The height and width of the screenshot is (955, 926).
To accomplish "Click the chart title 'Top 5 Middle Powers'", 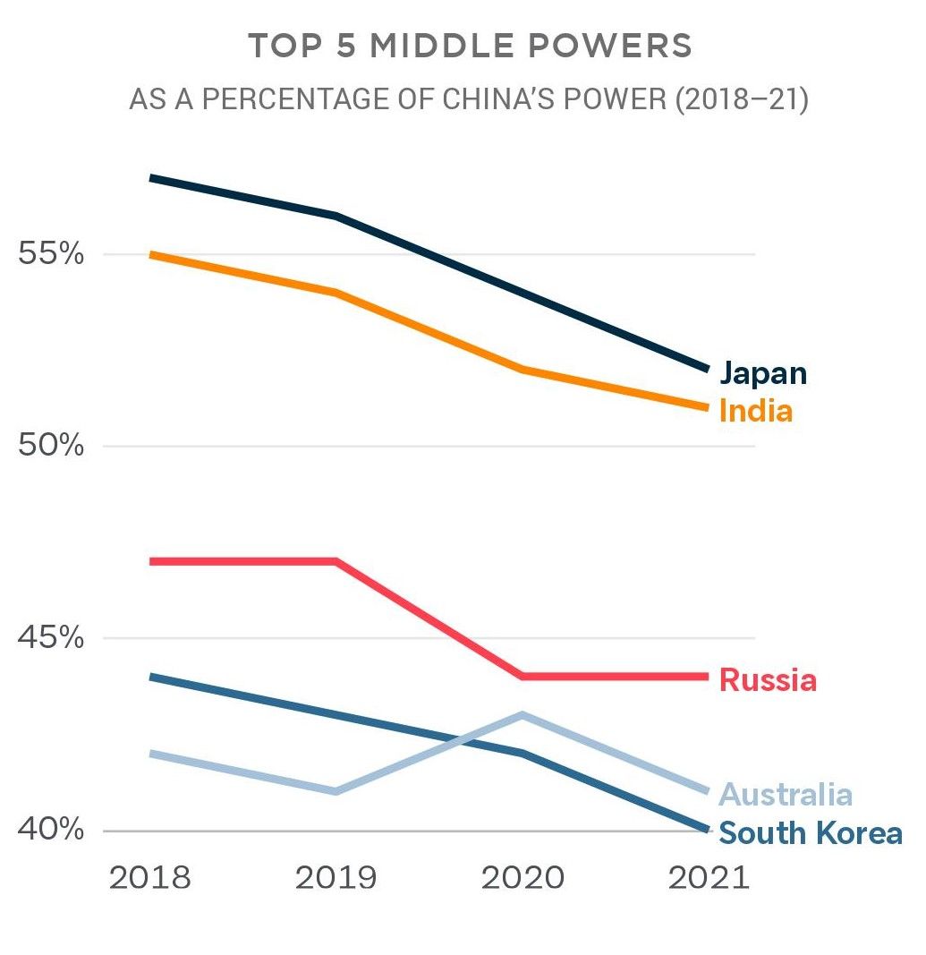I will pos(470,47).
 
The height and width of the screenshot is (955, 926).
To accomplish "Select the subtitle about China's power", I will pos(469,99).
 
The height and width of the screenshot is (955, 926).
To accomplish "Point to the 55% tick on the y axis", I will pos(51,255).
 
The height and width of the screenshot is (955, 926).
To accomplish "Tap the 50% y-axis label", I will pos(51,446).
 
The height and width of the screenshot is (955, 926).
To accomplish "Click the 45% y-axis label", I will pos(51,639).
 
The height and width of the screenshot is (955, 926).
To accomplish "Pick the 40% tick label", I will pos(51,831).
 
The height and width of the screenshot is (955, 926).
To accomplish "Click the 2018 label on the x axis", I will pos(149,878).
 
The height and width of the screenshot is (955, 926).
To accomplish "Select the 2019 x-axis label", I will pos(336,878).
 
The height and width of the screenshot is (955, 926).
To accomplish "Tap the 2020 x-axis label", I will pos(522,878).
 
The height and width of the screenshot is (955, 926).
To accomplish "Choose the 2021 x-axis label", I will pos(709,878).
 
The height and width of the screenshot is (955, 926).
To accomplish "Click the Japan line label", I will pos(763,373).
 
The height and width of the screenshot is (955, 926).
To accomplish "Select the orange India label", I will pos(756,411).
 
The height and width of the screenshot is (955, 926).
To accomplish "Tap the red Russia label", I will pos(768,680).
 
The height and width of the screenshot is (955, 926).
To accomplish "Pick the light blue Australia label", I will pos(786,794).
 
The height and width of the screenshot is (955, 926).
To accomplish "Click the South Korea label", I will pos(811,833).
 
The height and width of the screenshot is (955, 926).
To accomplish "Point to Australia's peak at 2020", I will pos(522,715).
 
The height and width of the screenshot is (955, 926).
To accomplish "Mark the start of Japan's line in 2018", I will pos(151,178).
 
